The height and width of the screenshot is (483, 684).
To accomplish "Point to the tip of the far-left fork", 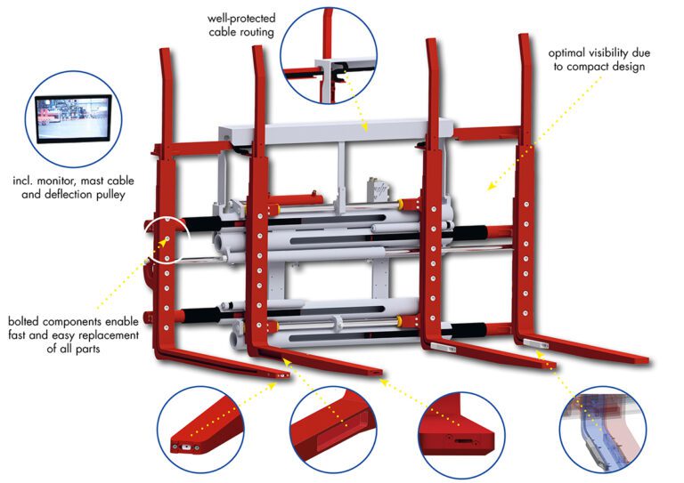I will pyautogui.click(x=286, y=376).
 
